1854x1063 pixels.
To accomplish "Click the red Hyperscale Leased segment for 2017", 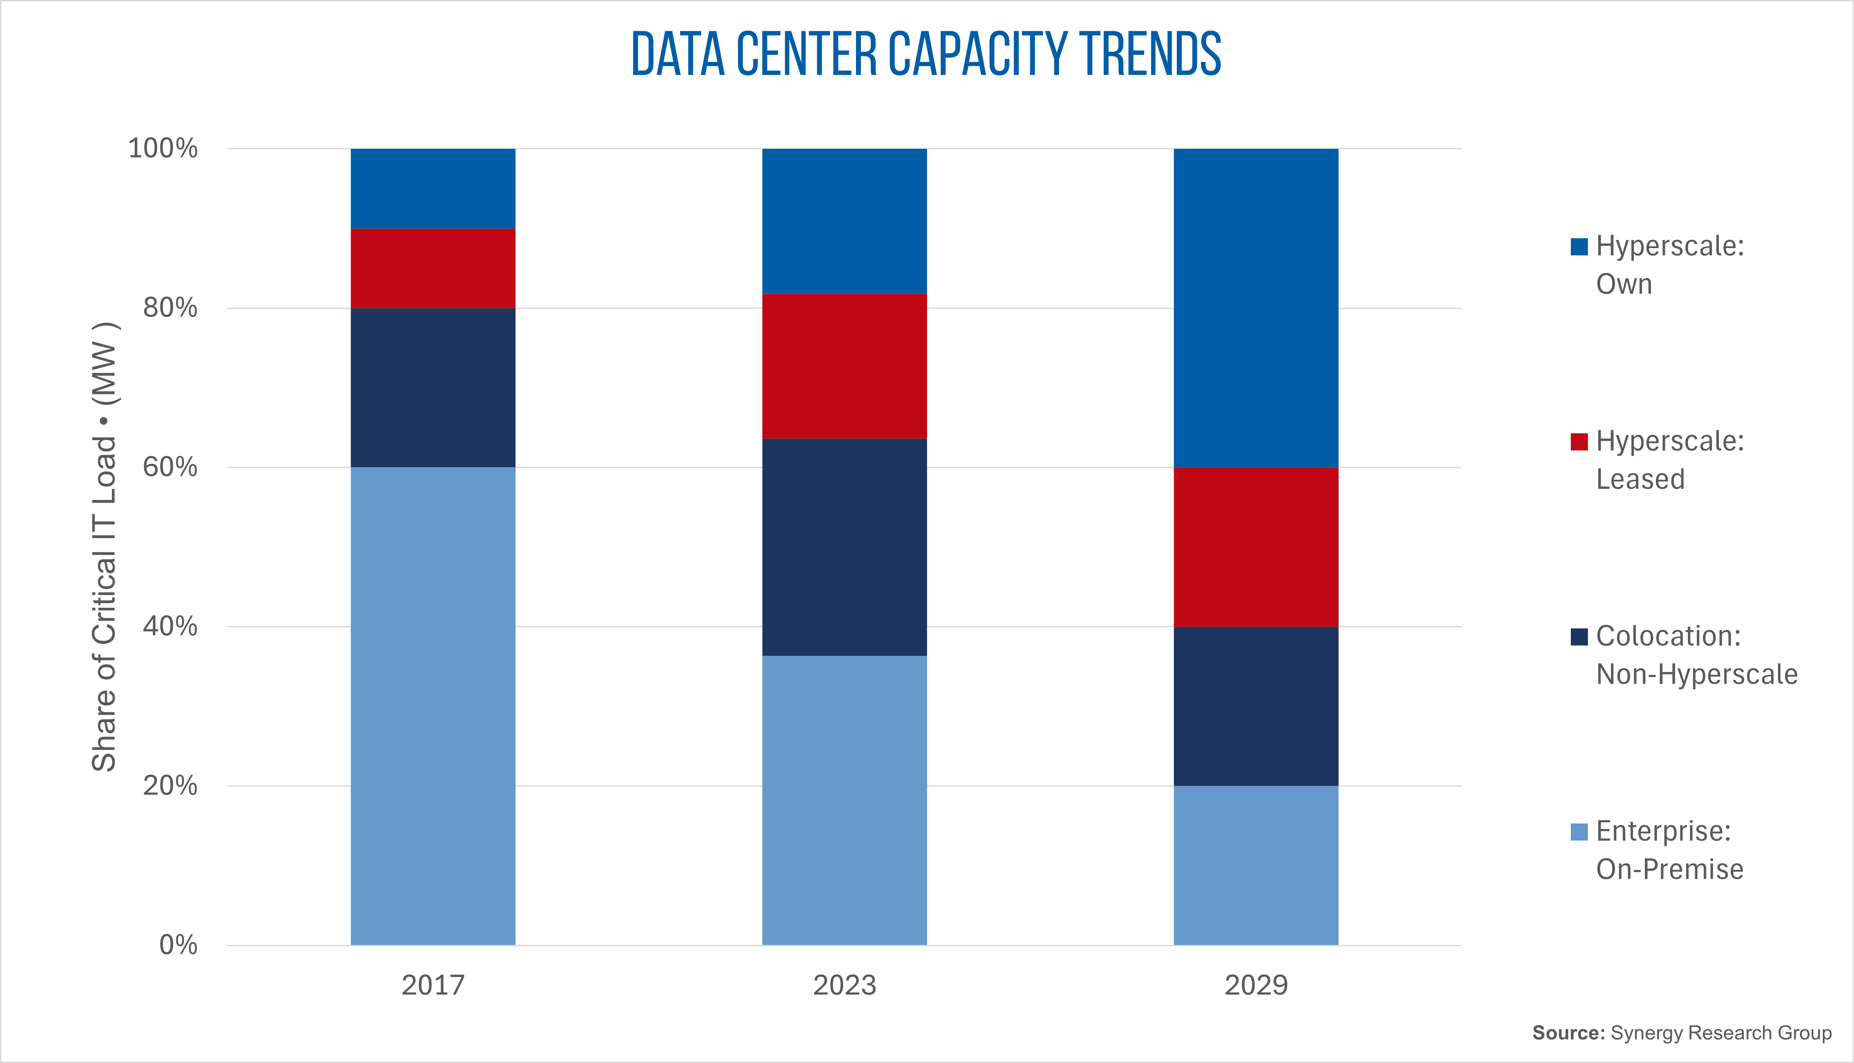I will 433,268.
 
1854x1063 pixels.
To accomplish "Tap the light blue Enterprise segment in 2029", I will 1256,865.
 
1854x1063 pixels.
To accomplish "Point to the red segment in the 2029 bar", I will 1256,547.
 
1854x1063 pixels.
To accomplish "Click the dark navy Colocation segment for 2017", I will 433,388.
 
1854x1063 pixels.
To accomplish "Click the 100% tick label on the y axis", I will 163,148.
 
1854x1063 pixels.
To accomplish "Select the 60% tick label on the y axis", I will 170,467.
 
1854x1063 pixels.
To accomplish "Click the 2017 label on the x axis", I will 433,985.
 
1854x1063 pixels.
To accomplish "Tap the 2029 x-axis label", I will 1256,985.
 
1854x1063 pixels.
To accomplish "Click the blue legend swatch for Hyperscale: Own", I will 1579,247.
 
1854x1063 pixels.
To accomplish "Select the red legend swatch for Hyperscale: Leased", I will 1579,442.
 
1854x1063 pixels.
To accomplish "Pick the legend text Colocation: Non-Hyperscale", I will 1696,655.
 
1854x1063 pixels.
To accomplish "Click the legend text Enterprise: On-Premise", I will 1669,850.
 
